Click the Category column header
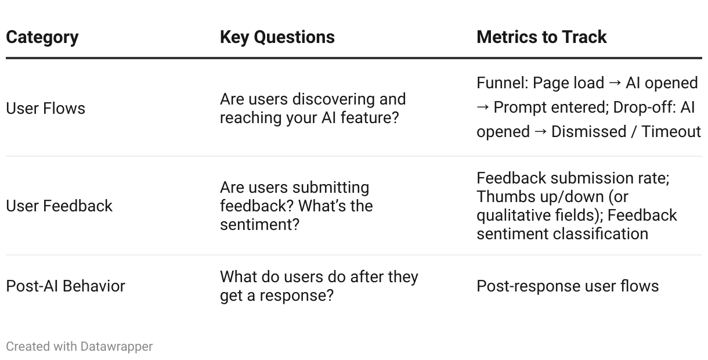[42, 37]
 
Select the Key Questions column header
[277, 37]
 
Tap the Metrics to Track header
[541, 37]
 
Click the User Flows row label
[45, 108]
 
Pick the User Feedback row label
[59, 206]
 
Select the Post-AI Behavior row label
[66, 286]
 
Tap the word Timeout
[671, 132]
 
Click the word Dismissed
[588, 132]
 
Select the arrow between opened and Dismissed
[540, 132]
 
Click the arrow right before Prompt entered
[483, 107]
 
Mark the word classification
[601, 234]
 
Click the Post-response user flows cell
[568, 286]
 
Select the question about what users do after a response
[319, 286]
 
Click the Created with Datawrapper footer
[80, 347]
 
